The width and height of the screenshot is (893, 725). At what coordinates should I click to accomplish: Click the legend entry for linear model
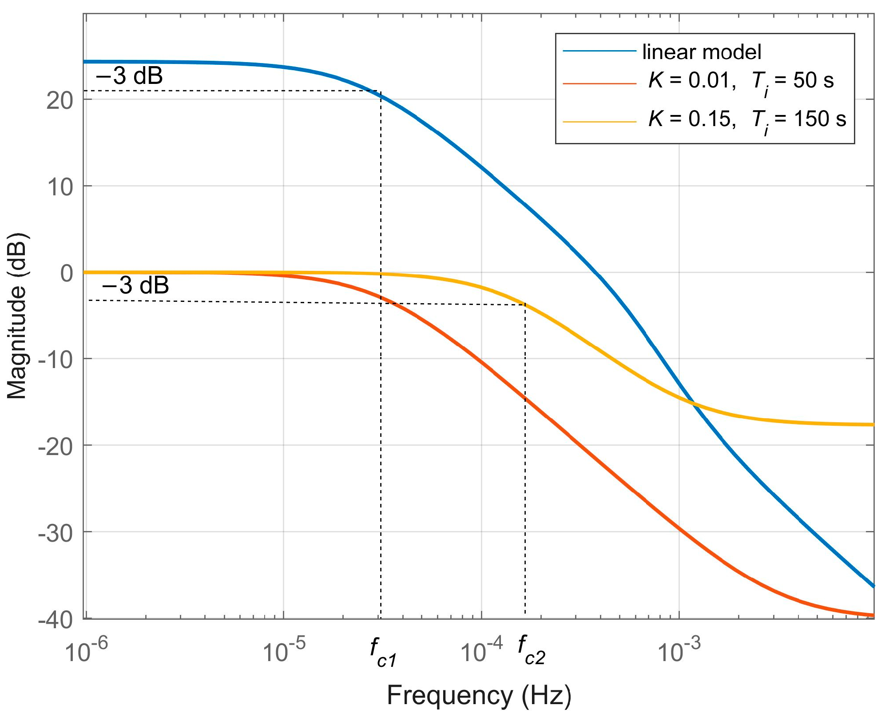pyautogui.click(x=701, y=52)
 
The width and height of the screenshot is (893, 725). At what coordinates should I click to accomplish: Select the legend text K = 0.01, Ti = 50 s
pyautogui.click(x=741, y=81)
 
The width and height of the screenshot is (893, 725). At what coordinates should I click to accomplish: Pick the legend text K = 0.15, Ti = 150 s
pyautogui.click(x=747, y=119)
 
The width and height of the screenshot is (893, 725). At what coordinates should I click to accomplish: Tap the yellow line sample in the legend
pyautogui.click(x=599, y=121)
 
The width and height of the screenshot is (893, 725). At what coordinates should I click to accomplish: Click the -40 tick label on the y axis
pyautogui.click(x=55, y=620)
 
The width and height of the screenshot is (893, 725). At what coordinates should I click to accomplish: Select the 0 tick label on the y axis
pyautogui.click(x=67, y=273)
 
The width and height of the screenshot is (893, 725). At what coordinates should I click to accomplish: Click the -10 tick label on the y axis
pyautogui.click(x=55, y=360)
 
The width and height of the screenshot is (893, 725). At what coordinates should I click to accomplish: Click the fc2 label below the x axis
pyautogui.click(x=531, y=651)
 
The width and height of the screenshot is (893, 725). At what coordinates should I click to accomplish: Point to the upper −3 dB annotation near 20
pyautogui.click(x=129, y=76)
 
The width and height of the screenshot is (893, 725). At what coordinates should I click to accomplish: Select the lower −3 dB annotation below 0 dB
pyautogui.click(x=135, y=285)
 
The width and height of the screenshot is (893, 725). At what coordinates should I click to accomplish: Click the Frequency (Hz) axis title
pyautogui.click(x=479, y=695)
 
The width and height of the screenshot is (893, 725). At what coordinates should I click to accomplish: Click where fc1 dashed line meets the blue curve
pyautogui.click(x=381, y=95)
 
